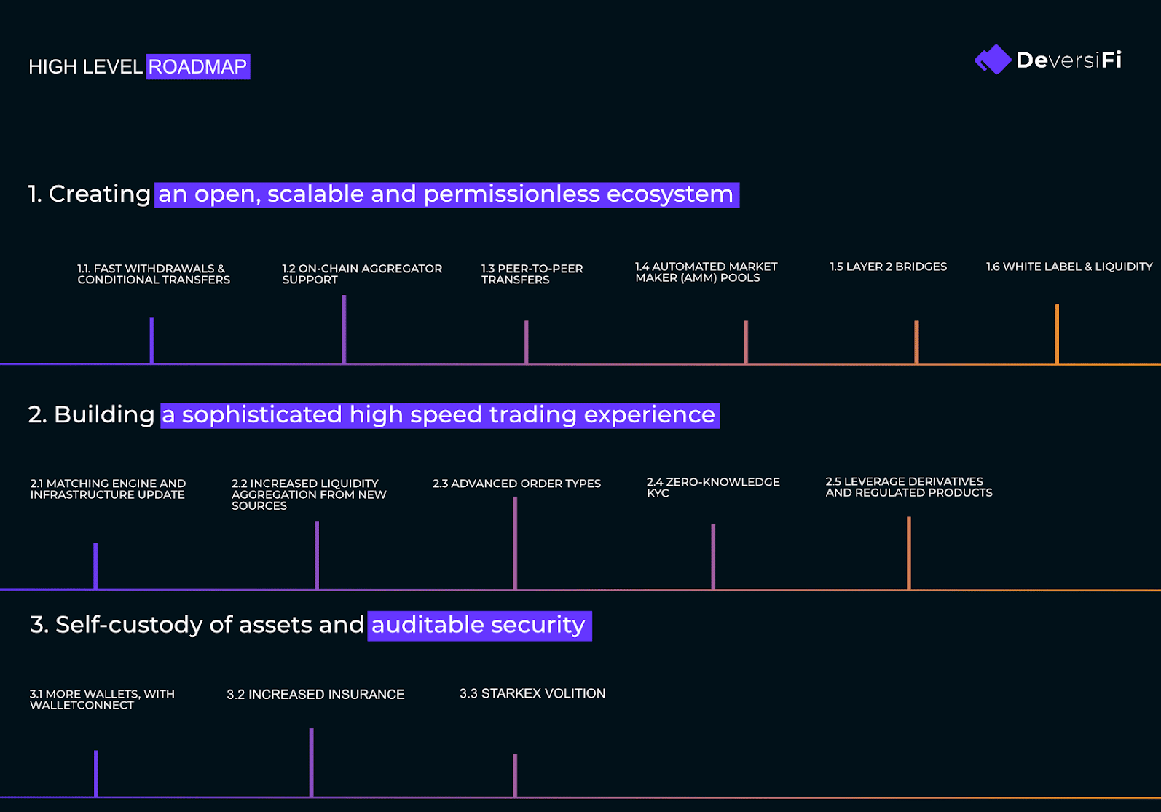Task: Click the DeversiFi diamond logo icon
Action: coord(993,60)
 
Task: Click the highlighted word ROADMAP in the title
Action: coord(197,67)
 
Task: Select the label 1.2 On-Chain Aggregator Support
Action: coord(362,274)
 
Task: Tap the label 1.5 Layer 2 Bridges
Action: coord(888,267)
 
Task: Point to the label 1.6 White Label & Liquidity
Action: coord(1068,267)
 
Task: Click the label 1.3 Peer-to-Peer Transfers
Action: coord(532,274)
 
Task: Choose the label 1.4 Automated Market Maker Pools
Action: coord(706,272)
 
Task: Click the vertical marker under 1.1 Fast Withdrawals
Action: coord(152,340)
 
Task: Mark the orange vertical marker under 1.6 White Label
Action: coord(1057,334)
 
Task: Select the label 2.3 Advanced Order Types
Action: coord(516,484)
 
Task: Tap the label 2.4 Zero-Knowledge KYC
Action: coord(712,487)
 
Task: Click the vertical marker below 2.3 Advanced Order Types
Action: coord(515,543)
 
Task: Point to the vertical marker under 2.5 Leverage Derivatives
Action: coord(908,553)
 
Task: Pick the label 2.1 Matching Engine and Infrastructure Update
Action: coord(107,489)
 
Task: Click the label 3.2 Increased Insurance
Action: coord(315,694)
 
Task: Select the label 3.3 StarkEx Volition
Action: coord(532,693)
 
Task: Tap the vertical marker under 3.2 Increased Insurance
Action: coord(311,762)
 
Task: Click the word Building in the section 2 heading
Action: coord(103,415)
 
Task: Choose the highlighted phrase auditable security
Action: coord(478,625)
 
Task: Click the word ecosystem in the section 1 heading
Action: coord(669,194)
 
